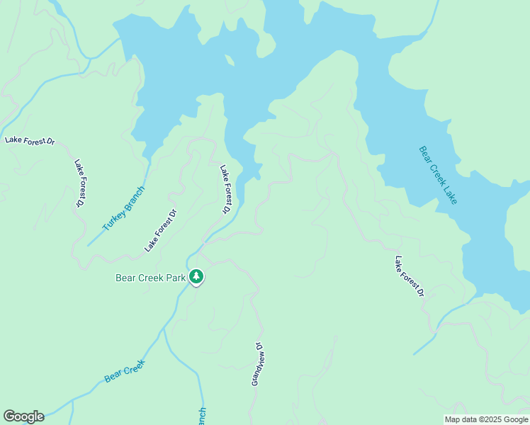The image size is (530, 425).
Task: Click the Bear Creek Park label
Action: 150,278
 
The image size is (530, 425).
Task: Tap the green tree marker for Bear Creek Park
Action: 196,277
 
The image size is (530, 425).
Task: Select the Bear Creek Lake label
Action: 438,176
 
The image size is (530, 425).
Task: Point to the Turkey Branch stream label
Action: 124,208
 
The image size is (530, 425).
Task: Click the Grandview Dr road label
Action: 257,365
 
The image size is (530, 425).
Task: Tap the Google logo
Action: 23,416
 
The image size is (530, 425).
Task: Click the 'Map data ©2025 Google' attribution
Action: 487,419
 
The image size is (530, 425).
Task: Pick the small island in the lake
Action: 230,59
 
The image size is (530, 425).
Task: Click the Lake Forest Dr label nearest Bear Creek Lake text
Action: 410,276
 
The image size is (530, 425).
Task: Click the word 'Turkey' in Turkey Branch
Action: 114,220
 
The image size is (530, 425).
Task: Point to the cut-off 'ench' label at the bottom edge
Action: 201,416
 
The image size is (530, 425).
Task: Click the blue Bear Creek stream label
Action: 124,371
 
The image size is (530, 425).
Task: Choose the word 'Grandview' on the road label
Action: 256,370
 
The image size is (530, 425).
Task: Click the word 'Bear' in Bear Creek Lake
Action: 424,155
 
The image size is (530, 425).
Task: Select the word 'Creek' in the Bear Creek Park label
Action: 147,278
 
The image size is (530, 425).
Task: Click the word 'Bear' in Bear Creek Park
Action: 125,278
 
